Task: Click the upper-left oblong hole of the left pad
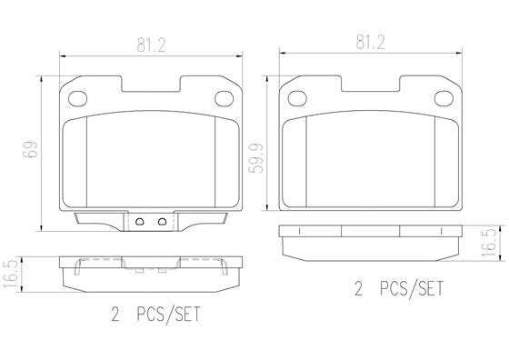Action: pyautogui.click(x=77, y=99)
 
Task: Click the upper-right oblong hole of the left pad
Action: pyautogui.click(x=225, y=99)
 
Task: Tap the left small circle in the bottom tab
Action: pyautogui.click(x=140, y=222)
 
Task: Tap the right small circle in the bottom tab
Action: pyautogui.click(x=161, y=222)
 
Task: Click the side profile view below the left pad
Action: pyautogui.click(x=151, y=273)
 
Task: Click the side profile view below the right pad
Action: pyautogui.click(x=371, y=240)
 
